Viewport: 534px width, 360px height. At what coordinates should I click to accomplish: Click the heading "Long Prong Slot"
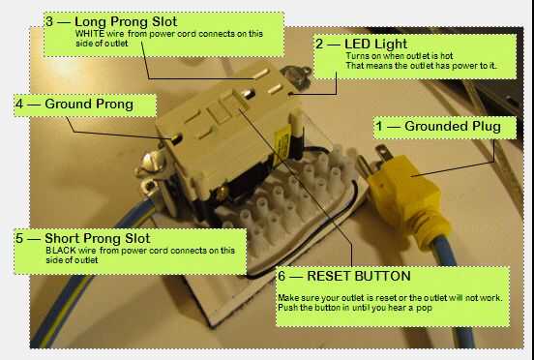126,22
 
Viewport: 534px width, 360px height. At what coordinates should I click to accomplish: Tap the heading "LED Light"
375,44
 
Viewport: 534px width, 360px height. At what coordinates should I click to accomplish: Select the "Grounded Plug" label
453,127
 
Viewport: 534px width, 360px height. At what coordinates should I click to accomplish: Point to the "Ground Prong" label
89,105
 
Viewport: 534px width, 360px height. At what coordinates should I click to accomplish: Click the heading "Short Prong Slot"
98,238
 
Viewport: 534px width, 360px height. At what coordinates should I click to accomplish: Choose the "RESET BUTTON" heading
359,276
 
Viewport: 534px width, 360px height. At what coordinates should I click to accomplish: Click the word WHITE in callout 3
90,34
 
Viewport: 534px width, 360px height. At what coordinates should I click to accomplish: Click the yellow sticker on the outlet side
282,144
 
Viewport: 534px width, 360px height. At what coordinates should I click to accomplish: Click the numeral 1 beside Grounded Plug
379,127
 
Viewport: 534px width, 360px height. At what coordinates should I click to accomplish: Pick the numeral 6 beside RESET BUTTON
282,276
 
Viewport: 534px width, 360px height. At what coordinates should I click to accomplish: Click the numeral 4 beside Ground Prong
19,105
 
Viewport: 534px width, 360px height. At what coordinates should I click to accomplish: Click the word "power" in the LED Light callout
465,66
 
